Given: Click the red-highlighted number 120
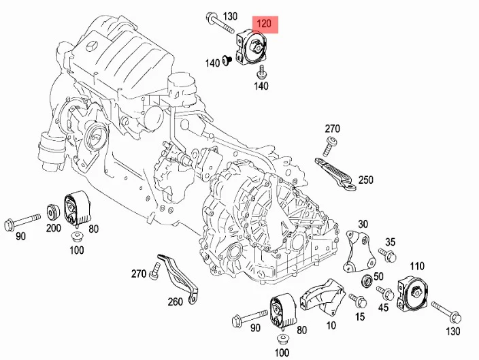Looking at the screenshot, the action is point(264,24).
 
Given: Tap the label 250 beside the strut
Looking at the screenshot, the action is point(365,180).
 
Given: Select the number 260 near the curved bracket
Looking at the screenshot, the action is point(175,301).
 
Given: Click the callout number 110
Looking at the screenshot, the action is point(416,266).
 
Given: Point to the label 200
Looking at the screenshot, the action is point(54,228).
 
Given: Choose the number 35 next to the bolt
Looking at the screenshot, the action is point(390,242).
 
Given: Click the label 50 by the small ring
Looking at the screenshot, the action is point(378,276).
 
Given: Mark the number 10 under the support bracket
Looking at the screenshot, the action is point(331,325).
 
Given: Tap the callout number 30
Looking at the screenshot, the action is point(363,224).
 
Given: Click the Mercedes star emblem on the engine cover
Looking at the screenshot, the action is point(92,48).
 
